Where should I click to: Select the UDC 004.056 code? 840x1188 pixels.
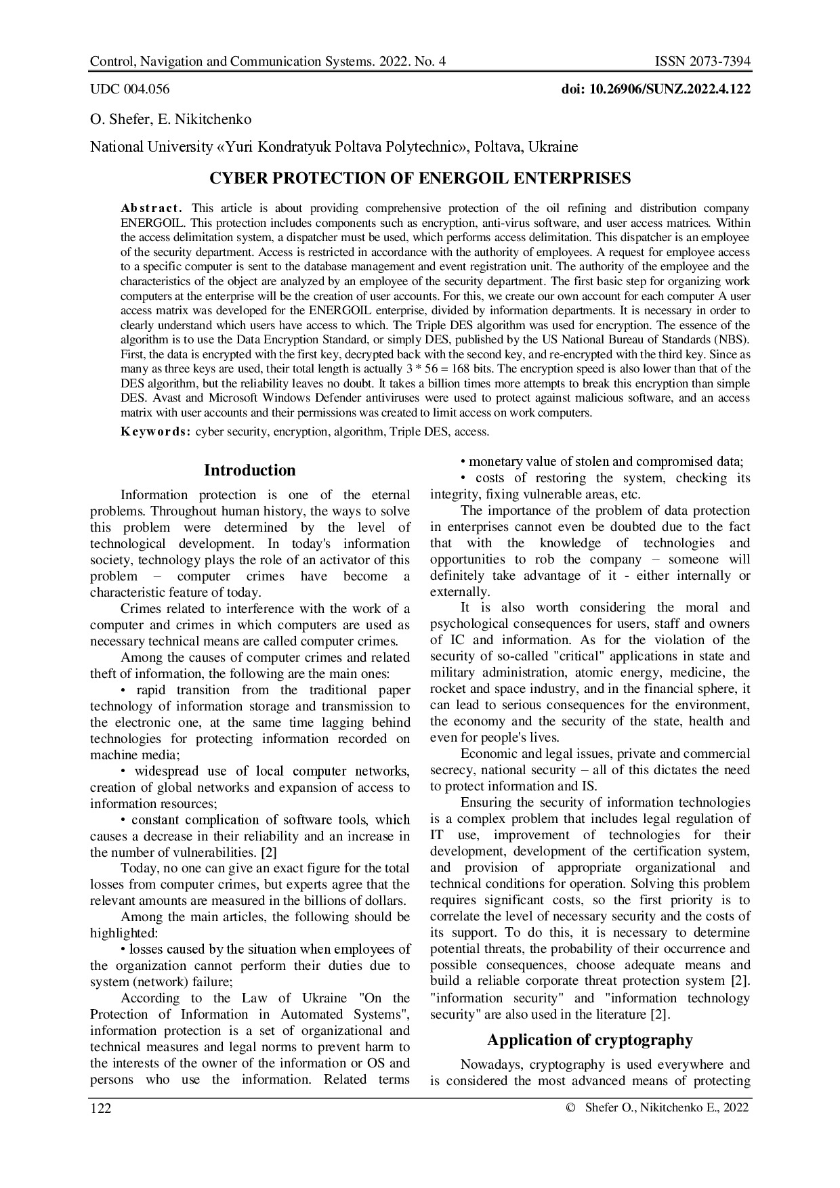[130, 89]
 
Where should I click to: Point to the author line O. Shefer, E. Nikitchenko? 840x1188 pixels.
[171, 120]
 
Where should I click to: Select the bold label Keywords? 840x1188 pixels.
[156, 431]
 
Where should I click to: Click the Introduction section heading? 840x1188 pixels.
[250, 470]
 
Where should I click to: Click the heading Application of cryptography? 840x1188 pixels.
[589, 1040]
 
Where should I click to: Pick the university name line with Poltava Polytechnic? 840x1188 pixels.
[334, 147]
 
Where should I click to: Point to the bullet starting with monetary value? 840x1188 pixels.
[602, 462]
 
